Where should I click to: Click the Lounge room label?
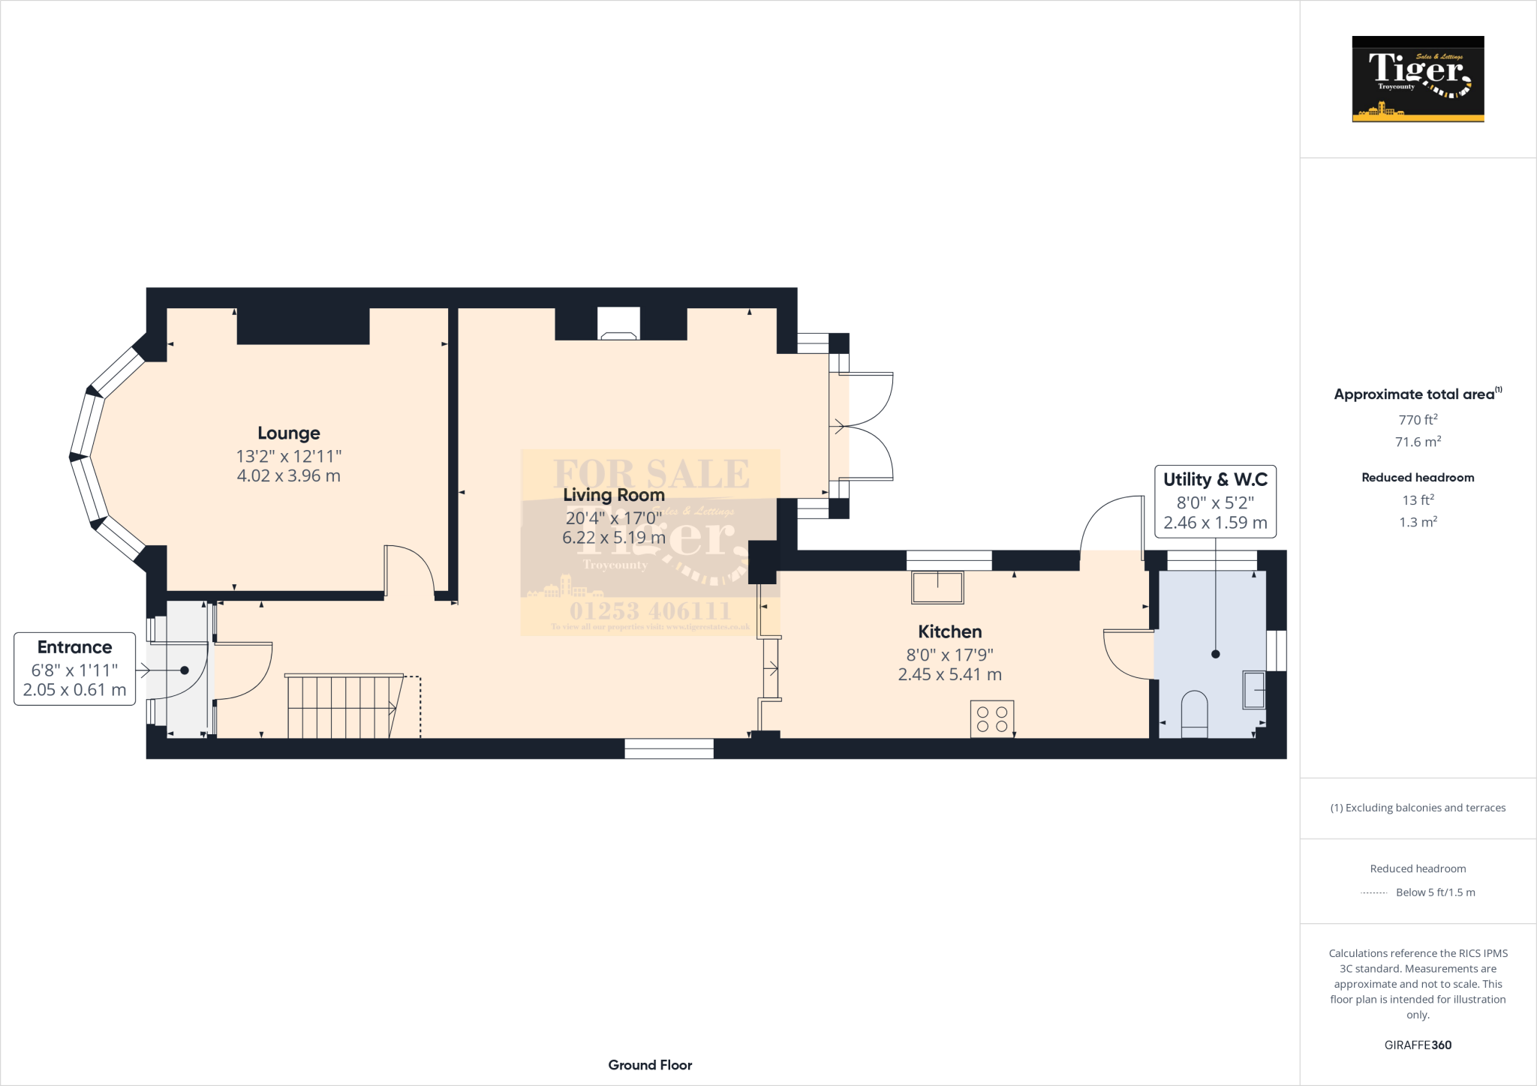[x=288, y=433]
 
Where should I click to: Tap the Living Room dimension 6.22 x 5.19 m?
[x=613, y=538]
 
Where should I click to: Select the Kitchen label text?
[x=949, y=631]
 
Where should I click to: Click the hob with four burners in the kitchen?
[x=991, y=718]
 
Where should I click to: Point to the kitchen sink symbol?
[x=937, y=587]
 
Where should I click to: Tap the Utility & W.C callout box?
[x=1214, y=501]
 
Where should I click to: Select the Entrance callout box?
[x=74, y=668]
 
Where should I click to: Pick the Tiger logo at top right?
[x=1417, y=79]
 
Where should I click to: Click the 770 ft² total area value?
[x=1417, y=420]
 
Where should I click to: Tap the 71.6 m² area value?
[x=1417, y=442]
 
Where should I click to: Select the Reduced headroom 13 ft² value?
[x=1417, y=499]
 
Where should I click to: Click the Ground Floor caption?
[x=650, y=1064]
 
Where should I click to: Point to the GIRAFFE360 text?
[x=1417, y=1045]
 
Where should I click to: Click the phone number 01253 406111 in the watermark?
[x=649, y=610]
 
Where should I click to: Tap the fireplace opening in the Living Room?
[x=618, y=324]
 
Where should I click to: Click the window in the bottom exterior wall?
[x=669, y=748]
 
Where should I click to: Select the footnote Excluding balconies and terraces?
[x=1417, y=808]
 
